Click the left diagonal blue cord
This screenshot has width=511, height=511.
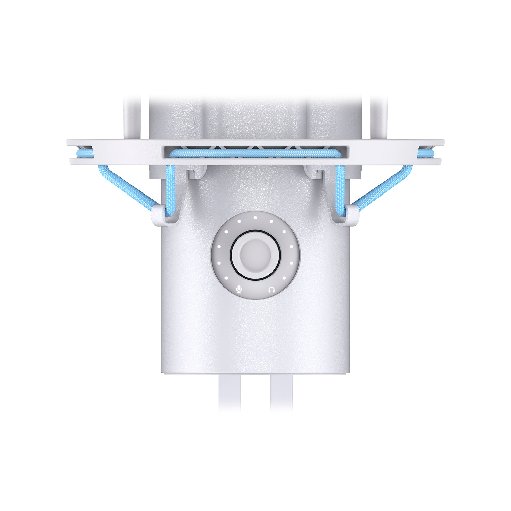(124, 187)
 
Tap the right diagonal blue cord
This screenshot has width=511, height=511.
(386, 187)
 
